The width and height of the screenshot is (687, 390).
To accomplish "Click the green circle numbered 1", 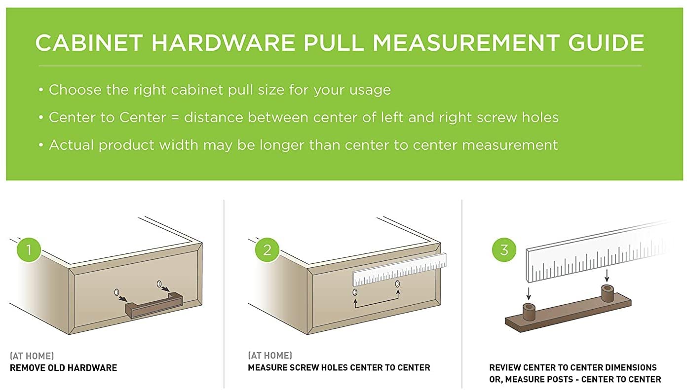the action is click(x=29, y=249).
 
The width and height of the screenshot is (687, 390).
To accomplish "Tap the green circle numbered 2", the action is click(x=267, y=249).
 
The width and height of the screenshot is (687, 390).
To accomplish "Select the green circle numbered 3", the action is click(x=504, y=249).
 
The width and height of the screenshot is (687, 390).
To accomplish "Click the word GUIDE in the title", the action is click(x=606, y=42).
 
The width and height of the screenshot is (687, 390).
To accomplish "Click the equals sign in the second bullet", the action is click(x=175, y=118).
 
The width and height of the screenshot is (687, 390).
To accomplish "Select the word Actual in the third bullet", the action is click(x=71, y=145).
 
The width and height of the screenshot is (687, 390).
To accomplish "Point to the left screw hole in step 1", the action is click(x=116, y=292).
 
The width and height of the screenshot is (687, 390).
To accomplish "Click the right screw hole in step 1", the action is click(x=159, y=284).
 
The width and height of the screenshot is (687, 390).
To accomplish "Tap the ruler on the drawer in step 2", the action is click(x=399, y=270).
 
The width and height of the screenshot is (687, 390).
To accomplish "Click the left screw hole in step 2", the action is click(x=355, y=292).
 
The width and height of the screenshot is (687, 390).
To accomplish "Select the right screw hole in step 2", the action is click(x=397, y=284).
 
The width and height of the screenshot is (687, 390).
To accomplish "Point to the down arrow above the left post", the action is click(x=529, y=293).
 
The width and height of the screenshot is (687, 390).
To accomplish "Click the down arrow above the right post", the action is click(x=607, y=276).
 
